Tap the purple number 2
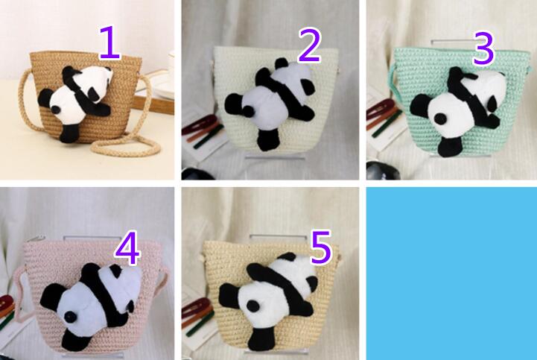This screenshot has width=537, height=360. click(309, 45)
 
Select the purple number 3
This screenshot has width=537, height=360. click(483, 48)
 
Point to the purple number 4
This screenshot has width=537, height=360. click(127, 248)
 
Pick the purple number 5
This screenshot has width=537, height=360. click(321, 247)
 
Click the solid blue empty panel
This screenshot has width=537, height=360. click(451, 274)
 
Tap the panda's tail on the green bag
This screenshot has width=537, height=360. click(439, 119)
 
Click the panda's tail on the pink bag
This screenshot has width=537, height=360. click(70, 317)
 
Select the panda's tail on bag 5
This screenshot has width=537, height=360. click(253, 306)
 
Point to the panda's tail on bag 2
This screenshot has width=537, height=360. click(247, 110)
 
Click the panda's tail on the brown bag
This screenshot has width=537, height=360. click(56, 110)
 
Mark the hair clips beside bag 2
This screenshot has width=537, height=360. click(202, 133)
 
